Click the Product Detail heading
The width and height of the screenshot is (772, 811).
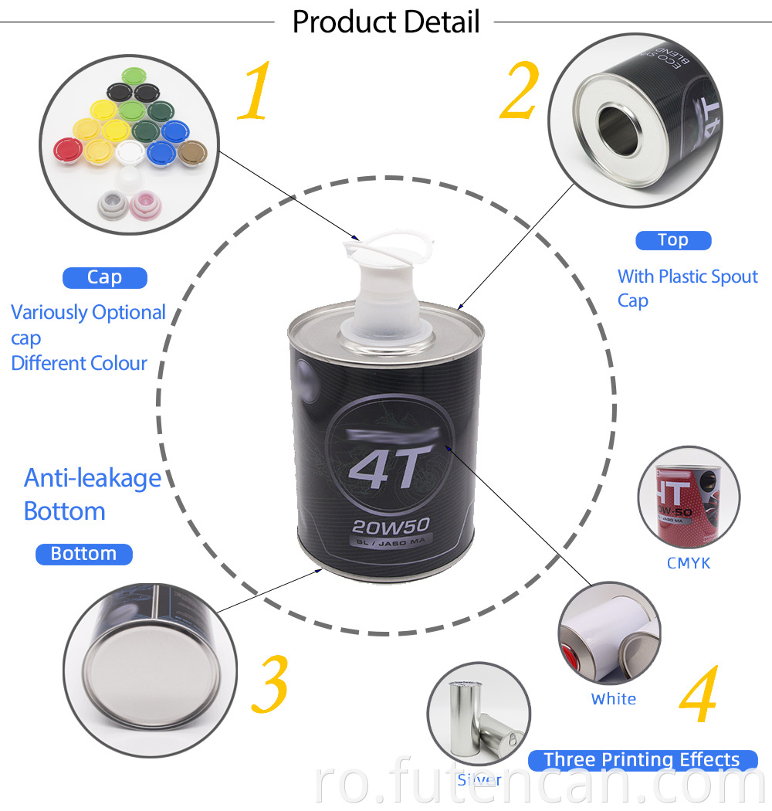(386, 22)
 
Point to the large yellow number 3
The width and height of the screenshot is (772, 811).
(269, 684)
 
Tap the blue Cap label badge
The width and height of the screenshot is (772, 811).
(104, 277)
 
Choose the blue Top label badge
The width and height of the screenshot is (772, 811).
(672, 240)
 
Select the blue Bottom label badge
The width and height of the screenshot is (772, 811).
(83, 554)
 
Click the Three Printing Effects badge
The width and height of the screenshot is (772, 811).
(641, 760)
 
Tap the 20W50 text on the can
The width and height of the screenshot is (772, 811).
(389, 527)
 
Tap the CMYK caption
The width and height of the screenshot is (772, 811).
(688, 563)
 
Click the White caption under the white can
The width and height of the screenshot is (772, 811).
(614, 699)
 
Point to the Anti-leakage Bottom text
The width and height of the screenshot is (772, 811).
(92, 494)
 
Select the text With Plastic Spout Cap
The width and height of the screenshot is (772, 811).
(687, 288)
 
